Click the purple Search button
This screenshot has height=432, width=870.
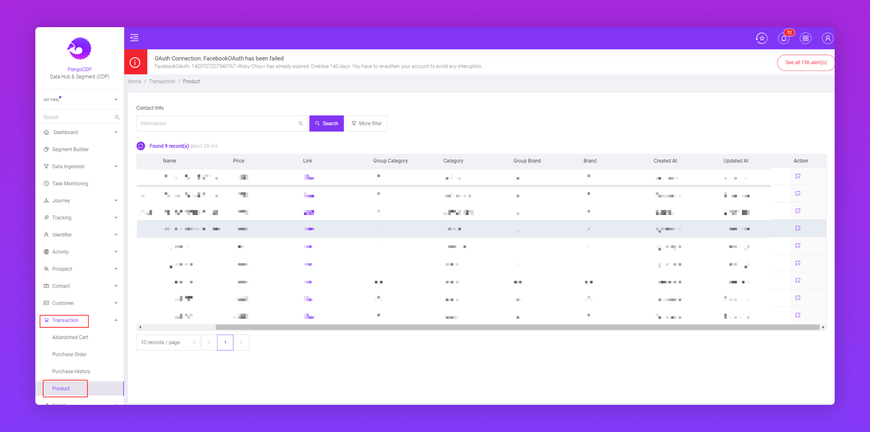326,124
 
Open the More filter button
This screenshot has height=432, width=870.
367,124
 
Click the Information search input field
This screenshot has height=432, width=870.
217,124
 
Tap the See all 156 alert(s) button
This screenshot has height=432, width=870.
805,62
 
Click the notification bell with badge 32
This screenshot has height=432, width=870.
783,38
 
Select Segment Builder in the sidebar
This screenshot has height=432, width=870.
70,149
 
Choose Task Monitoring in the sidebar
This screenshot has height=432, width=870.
70,184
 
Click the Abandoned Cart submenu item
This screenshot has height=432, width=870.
70,337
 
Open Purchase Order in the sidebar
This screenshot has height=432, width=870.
69,355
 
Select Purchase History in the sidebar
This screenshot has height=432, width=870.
71,372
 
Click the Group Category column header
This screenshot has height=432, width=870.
390,161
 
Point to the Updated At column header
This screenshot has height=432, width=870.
735,161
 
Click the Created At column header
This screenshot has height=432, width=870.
665,161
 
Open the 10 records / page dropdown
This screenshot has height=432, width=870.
168,342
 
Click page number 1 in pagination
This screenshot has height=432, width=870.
225,342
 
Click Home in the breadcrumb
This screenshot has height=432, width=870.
135,82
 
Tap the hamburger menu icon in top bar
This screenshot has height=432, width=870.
135,38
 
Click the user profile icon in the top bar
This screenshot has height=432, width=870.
827,38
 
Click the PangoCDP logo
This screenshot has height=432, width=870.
79,48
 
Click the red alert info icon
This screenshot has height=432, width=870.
135,62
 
